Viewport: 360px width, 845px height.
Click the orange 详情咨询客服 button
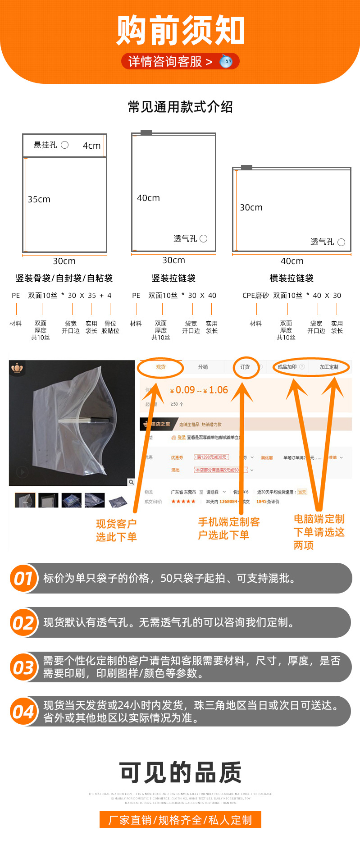click(171, 61)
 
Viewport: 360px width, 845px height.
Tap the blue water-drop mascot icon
click(226, 61)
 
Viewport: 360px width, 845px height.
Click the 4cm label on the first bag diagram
click(91, 146)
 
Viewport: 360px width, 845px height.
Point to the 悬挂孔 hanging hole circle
click(65, 145)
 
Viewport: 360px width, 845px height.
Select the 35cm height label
click(39, 199)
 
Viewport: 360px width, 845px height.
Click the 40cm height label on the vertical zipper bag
click(149, 198)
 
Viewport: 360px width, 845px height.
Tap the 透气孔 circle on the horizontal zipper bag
click(341, 242)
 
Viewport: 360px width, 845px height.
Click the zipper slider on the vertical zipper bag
click(146, 132)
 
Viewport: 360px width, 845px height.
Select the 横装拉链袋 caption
click(292, 278)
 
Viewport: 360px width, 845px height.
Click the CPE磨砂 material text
click(255, 296)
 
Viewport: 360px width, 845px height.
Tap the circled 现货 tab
click(161, 367)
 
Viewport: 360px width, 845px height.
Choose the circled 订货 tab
click(245, 367)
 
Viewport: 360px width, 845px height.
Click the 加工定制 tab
click(329, 367)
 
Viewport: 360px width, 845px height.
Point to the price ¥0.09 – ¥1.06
click(199, 390)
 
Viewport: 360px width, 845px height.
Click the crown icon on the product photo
click(18, 368)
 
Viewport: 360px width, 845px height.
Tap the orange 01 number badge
click(24, 578)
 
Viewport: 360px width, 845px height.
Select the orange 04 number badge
click(24, 712)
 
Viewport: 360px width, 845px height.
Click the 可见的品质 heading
click(180, 772)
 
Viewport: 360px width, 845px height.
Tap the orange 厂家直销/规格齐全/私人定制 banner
click(180, 820)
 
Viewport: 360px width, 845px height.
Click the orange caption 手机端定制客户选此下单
click(229, 529)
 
